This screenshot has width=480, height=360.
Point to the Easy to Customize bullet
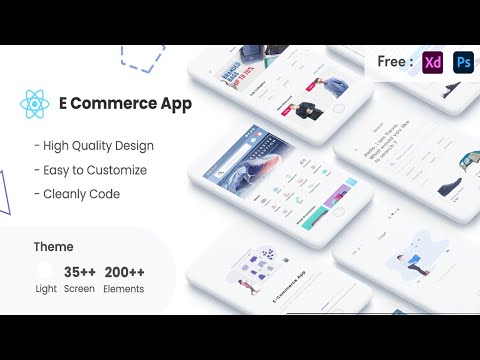click(x=89, y=170)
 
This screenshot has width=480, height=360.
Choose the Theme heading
click(x=52, y=246)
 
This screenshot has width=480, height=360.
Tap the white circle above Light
click(x=46, y=270)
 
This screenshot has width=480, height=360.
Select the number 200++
click(x=124, y=270)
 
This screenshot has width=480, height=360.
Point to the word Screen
click(x=80, y=289)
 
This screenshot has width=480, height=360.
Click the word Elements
click(x=122, y=289)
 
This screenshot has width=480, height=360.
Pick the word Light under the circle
click(x=46, y=289)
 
